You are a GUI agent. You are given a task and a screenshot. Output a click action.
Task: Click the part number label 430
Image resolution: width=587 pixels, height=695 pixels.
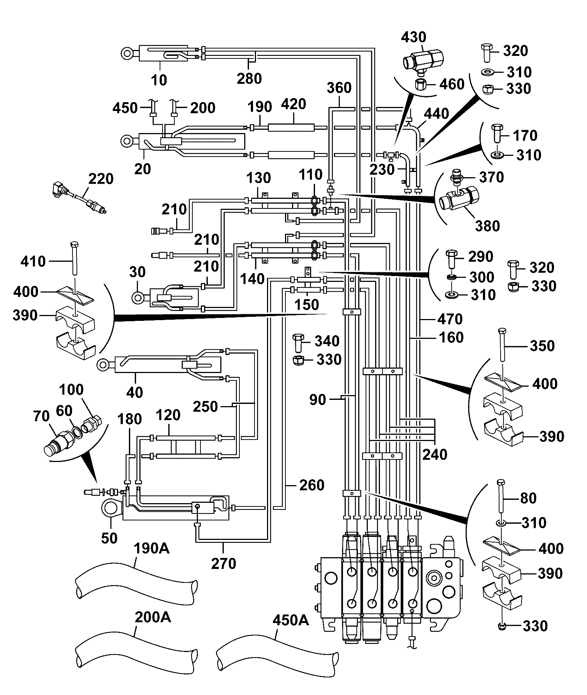point(413,37)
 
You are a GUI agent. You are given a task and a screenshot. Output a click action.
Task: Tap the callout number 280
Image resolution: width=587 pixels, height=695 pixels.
point(249,78)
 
